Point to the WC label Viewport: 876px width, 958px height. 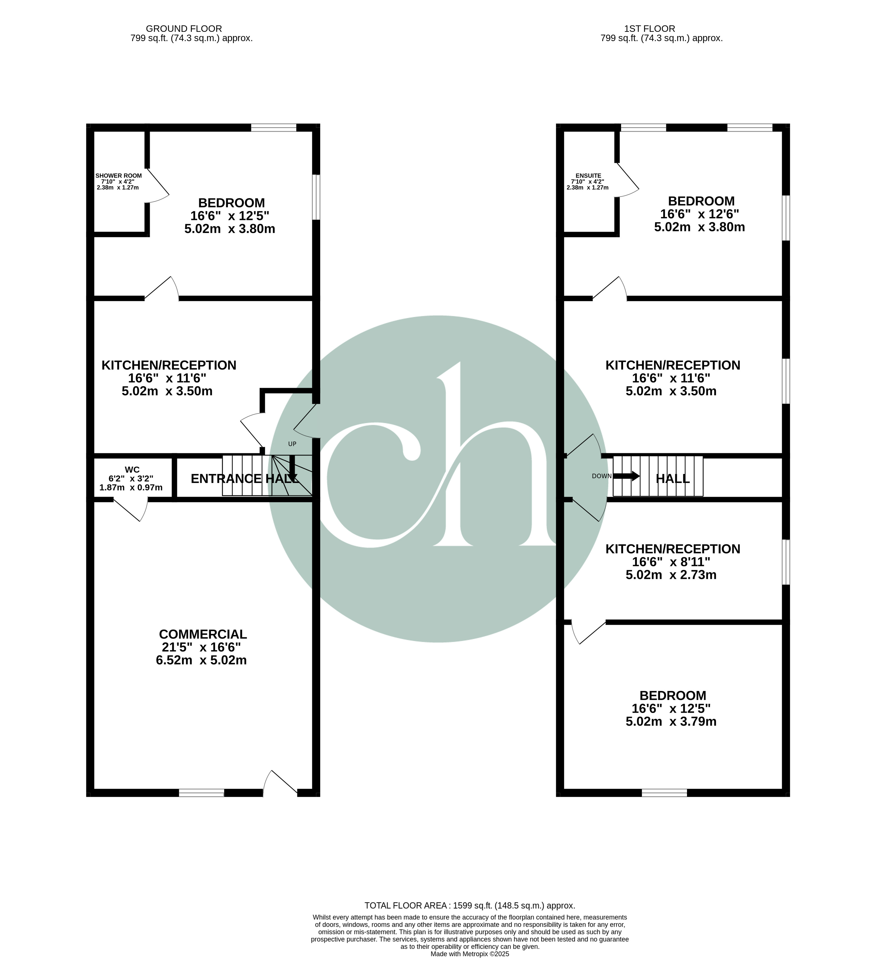coord(132,469)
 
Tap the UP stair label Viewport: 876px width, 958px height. coord(292,444)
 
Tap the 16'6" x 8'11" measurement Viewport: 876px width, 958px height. coord(671,562)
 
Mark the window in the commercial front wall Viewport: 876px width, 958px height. coord(201,793)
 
